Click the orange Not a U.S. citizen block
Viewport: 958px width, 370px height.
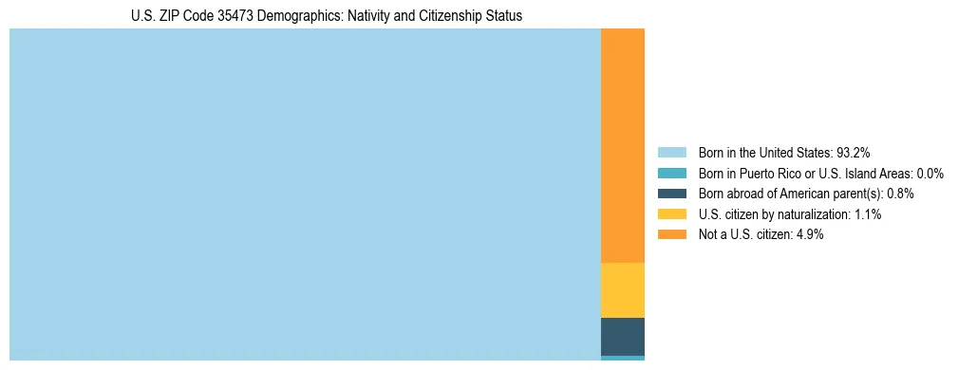click(623, 145)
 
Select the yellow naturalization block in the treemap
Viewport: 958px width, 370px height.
click(623, 290)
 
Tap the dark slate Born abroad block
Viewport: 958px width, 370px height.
click(623, 336)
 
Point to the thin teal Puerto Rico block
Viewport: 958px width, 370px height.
click(623, 358)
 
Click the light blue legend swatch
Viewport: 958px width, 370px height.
click(671, 152)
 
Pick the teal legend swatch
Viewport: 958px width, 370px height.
click(671, 173)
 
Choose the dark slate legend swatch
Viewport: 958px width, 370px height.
click(671, 194)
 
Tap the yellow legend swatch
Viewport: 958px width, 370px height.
click(671, 214)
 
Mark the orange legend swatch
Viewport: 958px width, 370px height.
click(671, 234)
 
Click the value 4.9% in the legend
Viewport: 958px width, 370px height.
click(809, 234)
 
